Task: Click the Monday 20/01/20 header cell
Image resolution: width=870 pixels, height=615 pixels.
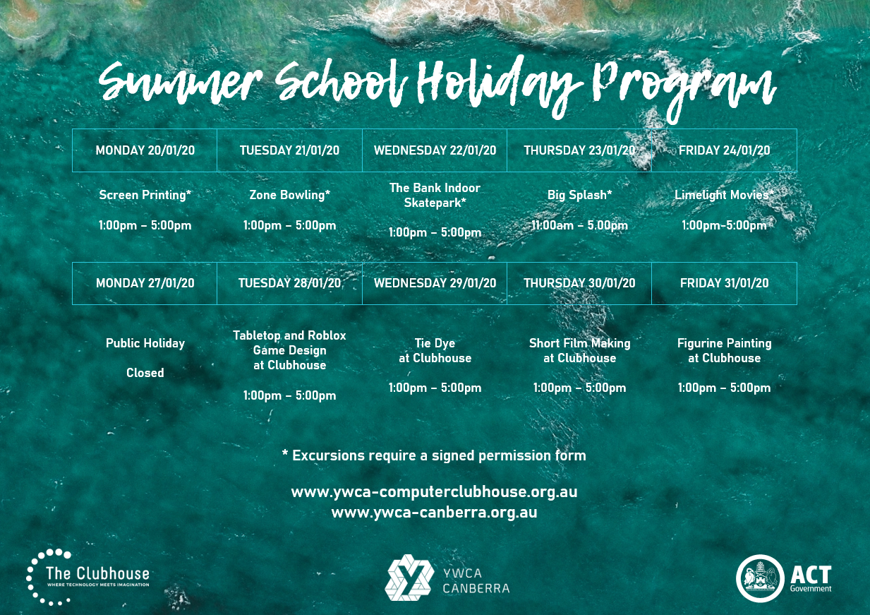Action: tap(145, 150)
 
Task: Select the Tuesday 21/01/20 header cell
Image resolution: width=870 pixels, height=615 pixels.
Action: tap(289, 150)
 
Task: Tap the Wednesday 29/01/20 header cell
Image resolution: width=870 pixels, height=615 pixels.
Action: tap(435, 283)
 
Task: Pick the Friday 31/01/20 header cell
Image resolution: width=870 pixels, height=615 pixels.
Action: tap(724, 283)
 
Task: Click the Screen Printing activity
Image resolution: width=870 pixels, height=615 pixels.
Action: tap(145, 195)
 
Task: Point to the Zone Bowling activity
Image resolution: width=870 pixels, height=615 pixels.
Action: tap(289, 195)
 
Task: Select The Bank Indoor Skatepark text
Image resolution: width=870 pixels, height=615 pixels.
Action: tap(435, 195)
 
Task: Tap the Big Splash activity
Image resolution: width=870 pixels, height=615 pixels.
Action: tap(579, 195)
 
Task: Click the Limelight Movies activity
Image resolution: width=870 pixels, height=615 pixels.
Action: tap(724, 195)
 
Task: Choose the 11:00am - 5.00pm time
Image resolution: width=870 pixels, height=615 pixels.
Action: tap(579, 226)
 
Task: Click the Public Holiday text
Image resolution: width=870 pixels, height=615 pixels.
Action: tap(145, 343)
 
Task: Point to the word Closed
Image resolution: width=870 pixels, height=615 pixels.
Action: tap(145, 373)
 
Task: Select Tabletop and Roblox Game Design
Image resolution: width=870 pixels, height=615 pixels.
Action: tap(289, 350)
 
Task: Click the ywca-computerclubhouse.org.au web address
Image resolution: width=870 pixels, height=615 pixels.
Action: tap(434, 492)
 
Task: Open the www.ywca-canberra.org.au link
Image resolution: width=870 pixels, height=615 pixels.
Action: tap(434, 513)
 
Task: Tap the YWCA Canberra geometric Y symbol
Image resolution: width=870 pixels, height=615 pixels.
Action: tap(409, 578)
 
